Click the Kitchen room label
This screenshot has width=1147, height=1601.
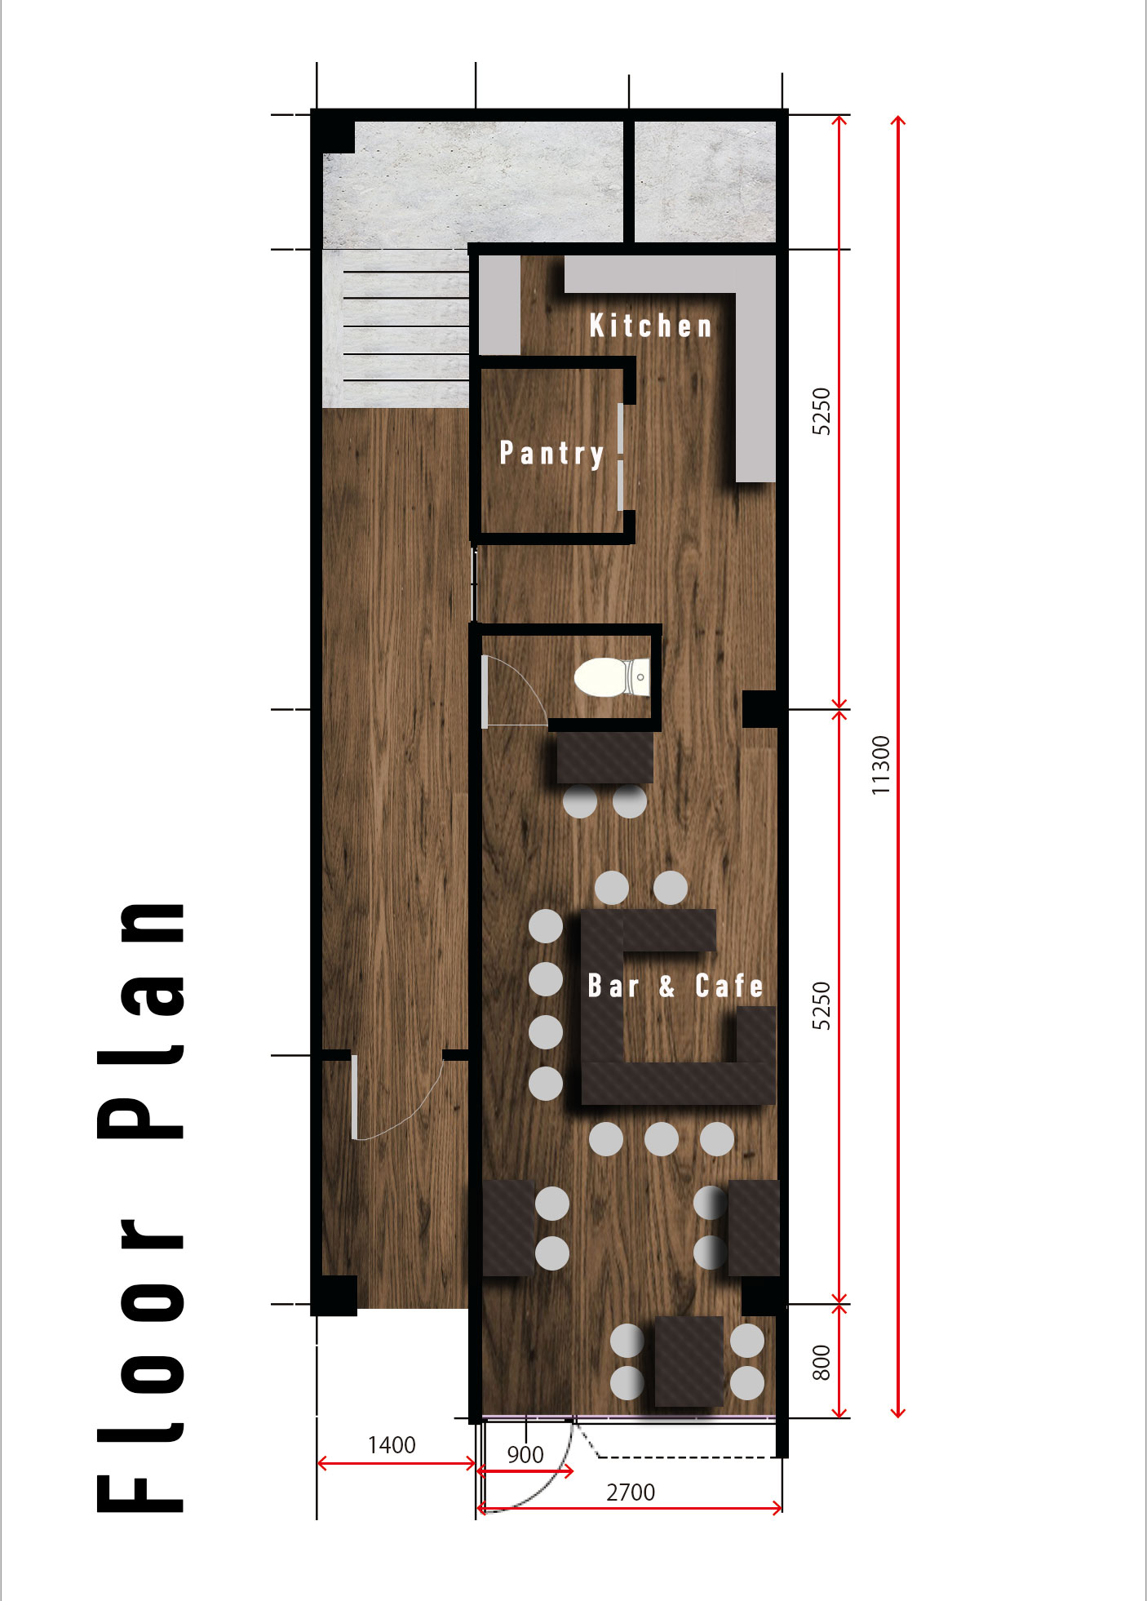(651, 326)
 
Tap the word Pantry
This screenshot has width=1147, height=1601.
(552, 453)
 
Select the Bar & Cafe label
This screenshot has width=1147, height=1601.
(675, 986)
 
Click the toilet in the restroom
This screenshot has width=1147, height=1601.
(613, 677)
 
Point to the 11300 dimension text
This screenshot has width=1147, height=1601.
(880, 765)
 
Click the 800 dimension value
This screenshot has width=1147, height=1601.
(821, 1362)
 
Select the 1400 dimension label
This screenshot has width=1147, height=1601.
(392, 1445)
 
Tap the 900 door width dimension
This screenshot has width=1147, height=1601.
(525, 1455)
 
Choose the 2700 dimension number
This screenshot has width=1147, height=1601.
(631, 1492)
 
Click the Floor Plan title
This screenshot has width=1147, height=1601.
(140, 1208)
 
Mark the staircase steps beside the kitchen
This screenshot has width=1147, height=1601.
(396, 326)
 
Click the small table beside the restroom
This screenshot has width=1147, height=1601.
(605, 758)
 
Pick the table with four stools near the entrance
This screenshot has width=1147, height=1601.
(689, 1361)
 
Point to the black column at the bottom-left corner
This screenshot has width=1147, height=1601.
(334, 1295)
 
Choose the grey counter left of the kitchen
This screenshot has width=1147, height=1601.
(499, 304)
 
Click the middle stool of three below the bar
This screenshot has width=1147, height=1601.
(662, 1138)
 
